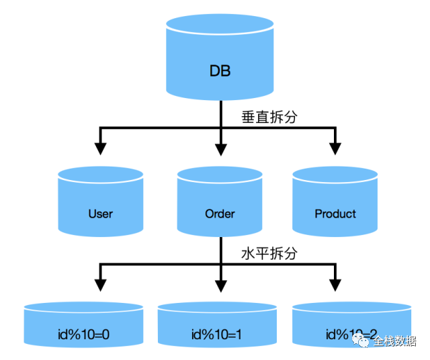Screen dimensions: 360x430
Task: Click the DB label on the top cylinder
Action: point(220,71)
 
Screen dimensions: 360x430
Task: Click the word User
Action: point(100,214)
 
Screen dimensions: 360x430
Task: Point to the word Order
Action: point(220,214)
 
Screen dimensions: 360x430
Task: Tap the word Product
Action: point(335,214)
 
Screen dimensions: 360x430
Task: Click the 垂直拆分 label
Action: point(269,116)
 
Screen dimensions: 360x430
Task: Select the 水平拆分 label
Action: point(269,254)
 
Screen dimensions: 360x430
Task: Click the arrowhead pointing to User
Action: point(100,147)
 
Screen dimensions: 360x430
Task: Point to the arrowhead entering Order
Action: point(220,147)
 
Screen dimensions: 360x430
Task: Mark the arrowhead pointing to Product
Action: point(335,147)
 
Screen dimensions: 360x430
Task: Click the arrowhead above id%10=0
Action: point(100,284)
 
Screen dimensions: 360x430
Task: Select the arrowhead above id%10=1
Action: point(220,284)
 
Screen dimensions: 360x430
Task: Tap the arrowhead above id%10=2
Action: point(335,284)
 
